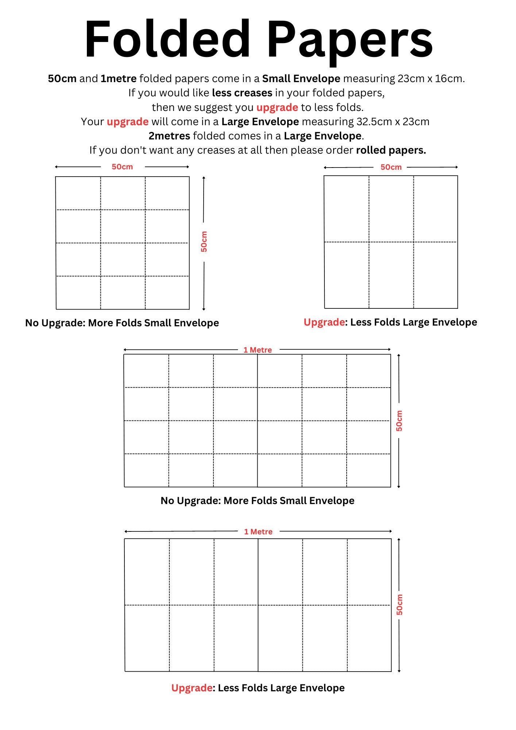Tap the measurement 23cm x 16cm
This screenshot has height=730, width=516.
pyautogui.click(x=431, y=79)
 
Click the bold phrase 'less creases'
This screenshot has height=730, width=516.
pyautogui.click(x=242, y=93)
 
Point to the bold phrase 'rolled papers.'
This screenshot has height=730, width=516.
pyautogui.click(x=391, y=150)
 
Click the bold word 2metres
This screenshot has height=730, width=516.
pyautogui.click(x=169, y=136)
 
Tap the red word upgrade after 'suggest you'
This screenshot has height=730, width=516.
pyautogui.click(x=277, y=107)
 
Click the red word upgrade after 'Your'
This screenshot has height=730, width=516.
pyautogui.click(x=127, y=122)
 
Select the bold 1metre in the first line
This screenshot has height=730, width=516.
pyautogui.click(x=119, y=79)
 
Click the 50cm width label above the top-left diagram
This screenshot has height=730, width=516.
pyautogui.click(x=122, y=167)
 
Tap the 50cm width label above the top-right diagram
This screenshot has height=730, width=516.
pyautogui.click(x=391, y=167)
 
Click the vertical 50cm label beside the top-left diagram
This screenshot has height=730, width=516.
pyautogui.click(x=204, y=242)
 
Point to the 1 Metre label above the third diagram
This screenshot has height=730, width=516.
pyautogui.click(x=258, y=350)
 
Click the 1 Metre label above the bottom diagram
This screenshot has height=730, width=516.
pyautogui.click(x=258, y=532)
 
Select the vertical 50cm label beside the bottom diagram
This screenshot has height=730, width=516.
pyautogui.click(x=400, y=604)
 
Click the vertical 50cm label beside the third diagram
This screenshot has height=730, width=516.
pyautogui.click(x=399, y=421)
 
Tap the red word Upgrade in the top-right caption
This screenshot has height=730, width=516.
pyautogui.click(x=324, y=322)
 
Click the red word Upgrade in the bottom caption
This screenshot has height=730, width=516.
pyautogui.click(x=192, y=688)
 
